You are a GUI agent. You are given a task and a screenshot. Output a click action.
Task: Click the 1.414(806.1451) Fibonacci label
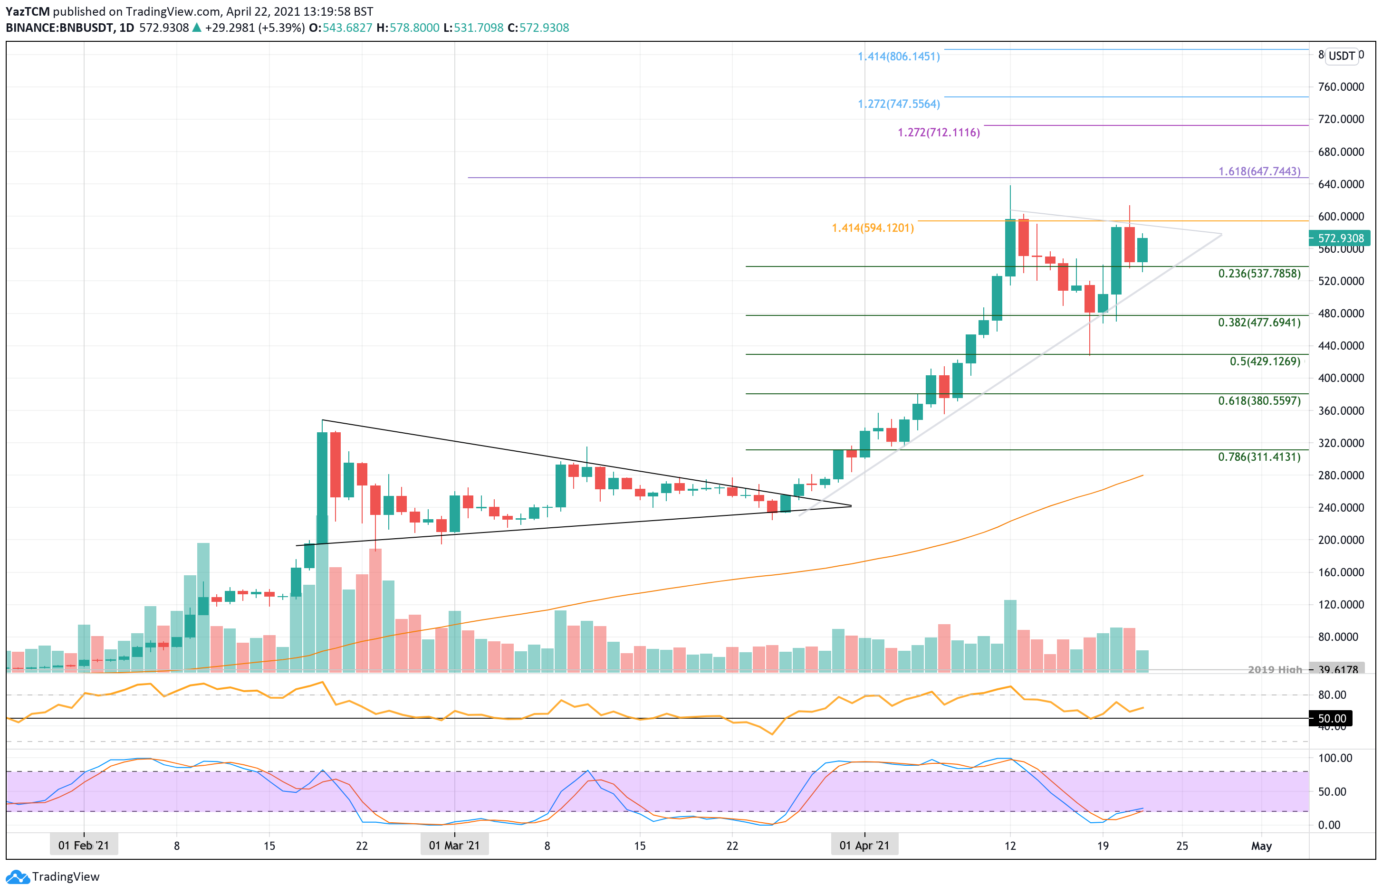[x=898, y=57]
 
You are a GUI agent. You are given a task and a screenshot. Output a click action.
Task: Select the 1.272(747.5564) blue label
[x=898, y=104]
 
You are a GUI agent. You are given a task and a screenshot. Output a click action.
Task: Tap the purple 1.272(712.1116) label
[x=939, y=133]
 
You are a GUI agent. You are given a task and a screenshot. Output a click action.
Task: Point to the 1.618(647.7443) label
[x=1259, y=171]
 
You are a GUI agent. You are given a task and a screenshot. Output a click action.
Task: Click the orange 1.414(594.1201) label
[x=872, y=228]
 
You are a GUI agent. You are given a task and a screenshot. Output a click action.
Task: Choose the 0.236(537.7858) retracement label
[x=1259, y=274]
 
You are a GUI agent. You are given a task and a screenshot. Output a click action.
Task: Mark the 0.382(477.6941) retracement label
[x=1259, y=322]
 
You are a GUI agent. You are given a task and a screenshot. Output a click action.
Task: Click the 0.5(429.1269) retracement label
[x=1265, y=361]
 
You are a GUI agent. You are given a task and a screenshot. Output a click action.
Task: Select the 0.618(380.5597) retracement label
[x=1259, y=400]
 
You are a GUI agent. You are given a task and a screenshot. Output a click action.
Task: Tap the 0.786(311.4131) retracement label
[x=1259, y=457]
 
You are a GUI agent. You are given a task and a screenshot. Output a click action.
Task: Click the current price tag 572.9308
[x=1340, y=238]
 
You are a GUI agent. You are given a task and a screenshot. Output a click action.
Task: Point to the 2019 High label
[x=1275, y=669]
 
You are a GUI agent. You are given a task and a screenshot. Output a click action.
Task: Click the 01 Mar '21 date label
[x=454, y=845]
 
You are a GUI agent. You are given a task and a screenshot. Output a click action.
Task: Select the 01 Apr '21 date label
[x=864, y=845]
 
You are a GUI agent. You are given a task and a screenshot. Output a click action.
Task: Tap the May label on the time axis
[x=1261, y=846]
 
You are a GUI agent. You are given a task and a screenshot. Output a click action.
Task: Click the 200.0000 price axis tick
[x=1340, y=540]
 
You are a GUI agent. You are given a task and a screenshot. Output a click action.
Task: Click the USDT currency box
[x=1341, y=56]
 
